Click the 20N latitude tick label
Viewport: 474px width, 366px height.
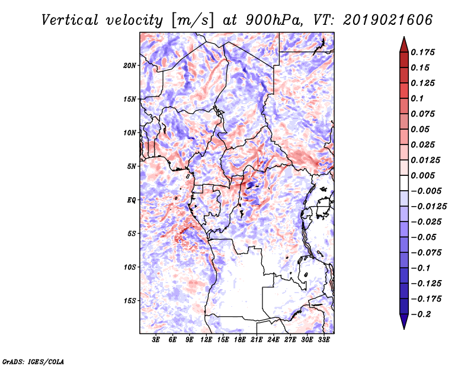(130, 65)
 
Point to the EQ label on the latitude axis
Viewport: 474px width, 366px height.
(131, 200)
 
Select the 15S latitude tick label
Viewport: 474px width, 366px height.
(130, 301)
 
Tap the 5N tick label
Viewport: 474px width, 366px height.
(132, 166)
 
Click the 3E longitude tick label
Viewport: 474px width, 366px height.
(156, 341)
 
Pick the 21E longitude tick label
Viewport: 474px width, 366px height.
(257, 341)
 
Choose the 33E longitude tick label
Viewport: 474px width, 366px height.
(324, 341)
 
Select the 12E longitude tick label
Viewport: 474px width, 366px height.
(206, 341)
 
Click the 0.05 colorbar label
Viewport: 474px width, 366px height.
(421, 129)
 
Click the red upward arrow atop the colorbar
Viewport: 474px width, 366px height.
(403, 43)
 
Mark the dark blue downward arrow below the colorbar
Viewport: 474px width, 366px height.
(403, 323)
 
